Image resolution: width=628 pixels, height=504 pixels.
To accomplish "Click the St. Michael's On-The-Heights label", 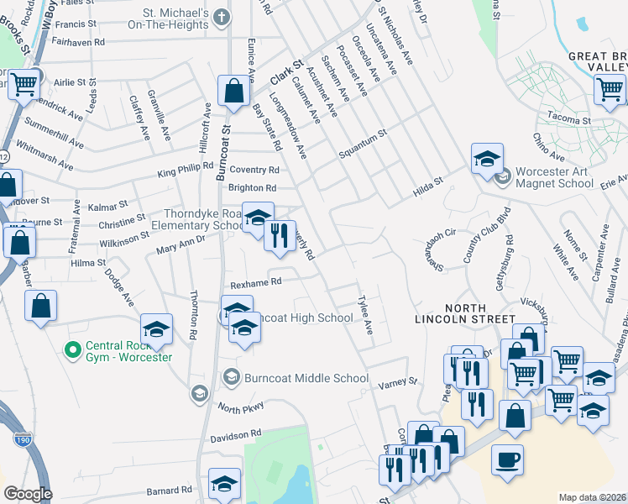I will pyautogui.click(x=175, y=19).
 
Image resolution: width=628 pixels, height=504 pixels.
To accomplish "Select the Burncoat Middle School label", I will pyautogui.click(x=306, y=378).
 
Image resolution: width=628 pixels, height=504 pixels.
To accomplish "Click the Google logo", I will pyautogui.click(x=28, y=494).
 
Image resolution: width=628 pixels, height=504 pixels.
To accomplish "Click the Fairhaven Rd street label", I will pyautogui.click(x=78, y=40).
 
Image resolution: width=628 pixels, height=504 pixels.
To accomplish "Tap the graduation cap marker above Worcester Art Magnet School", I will pyautogui.click(x=487, y=160).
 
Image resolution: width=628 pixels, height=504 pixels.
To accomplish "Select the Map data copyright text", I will pyautogui.click(x=593, y=497).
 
